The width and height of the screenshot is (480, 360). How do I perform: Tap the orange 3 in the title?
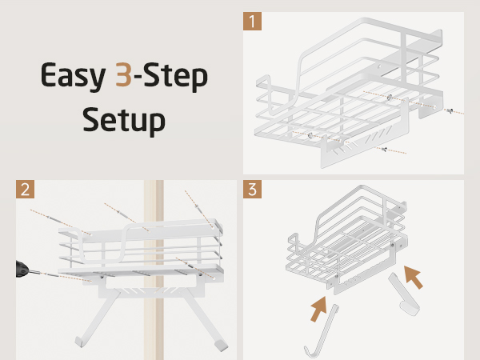pos(123,74)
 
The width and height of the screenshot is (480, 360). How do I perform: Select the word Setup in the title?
pos(124,120)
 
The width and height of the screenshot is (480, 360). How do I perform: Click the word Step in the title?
pos(175,77)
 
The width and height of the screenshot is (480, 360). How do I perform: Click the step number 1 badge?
pos(252,21)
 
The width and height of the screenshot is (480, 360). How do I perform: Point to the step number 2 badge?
pos(25,189)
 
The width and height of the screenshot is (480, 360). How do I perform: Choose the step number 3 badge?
pos(252,189)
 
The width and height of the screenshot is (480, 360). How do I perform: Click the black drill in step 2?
pos(22,270)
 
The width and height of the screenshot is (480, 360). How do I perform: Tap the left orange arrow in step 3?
pos(318,309)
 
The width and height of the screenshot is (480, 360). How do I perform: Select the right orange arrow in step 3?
pos(414,277)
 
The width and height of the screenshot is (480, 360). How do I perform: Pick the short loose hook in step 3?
pos(403,294)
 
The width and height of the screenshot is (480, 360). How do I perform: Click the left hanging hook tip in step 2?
pos(79,342)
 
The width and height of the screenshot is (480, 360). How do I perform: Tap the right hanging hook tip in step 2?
pos(221,346)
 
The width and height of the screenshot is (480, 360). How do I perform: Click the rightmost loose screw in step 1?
pos(450,110)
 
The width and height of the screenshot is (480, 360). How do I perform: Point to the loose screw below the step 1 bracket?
pos(384,150)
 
